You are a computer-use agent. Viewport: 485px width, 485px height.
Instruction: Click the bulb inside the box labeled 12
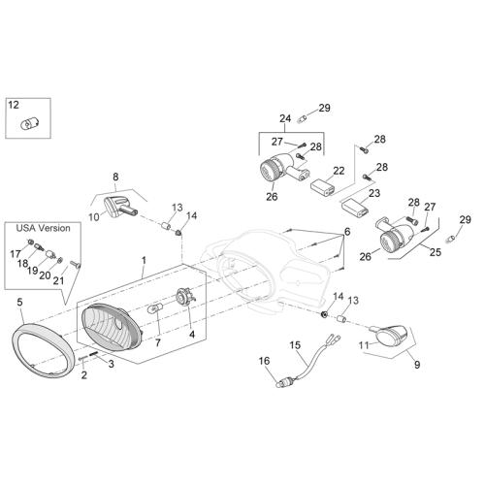point(28,123)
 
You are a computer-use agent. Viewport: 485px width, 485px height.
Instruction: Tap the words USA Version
point(43,228)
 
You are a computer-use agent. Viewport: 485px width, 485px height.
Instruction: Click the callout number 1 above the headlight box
point(144,260)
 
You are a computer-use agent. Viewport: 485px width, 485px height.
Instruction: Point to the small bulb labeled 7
point(155,309)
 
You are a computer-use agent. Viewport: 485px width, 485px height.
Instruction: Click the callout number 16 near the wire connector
point(264,361)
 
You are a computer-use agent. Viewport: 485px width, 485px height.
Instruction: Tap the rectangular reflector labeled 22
point(323,188)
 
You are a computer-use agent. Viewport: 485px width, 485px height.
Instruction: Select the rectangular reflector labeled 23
point(354,208)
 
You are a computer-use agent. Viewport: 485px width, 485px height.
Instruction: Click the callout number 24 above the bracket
point(285,118)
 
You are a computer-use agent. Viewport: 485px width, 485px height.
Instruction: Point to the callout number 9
point(417,365)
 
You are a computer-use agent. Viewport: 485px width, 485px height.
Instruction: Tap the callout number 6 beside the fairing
point(347,232)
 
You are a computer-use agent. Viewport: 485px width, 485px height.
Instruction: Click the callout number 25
point(436,252)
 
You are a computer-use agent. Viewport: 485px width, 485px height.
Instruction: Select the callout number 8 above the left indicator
point(115,177)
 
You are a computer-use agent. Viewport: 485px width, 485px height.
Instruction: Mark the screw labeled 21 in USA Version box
point(76,264)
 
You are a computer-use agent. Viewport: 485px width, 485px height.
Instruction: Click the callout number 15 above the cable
point(295,345)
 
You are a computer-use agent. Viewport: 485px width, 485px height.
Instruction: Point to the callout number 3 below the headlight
point(112,364)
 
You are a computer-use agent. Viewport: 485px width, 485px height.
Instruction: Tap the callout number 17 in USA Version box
point(15,254)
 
